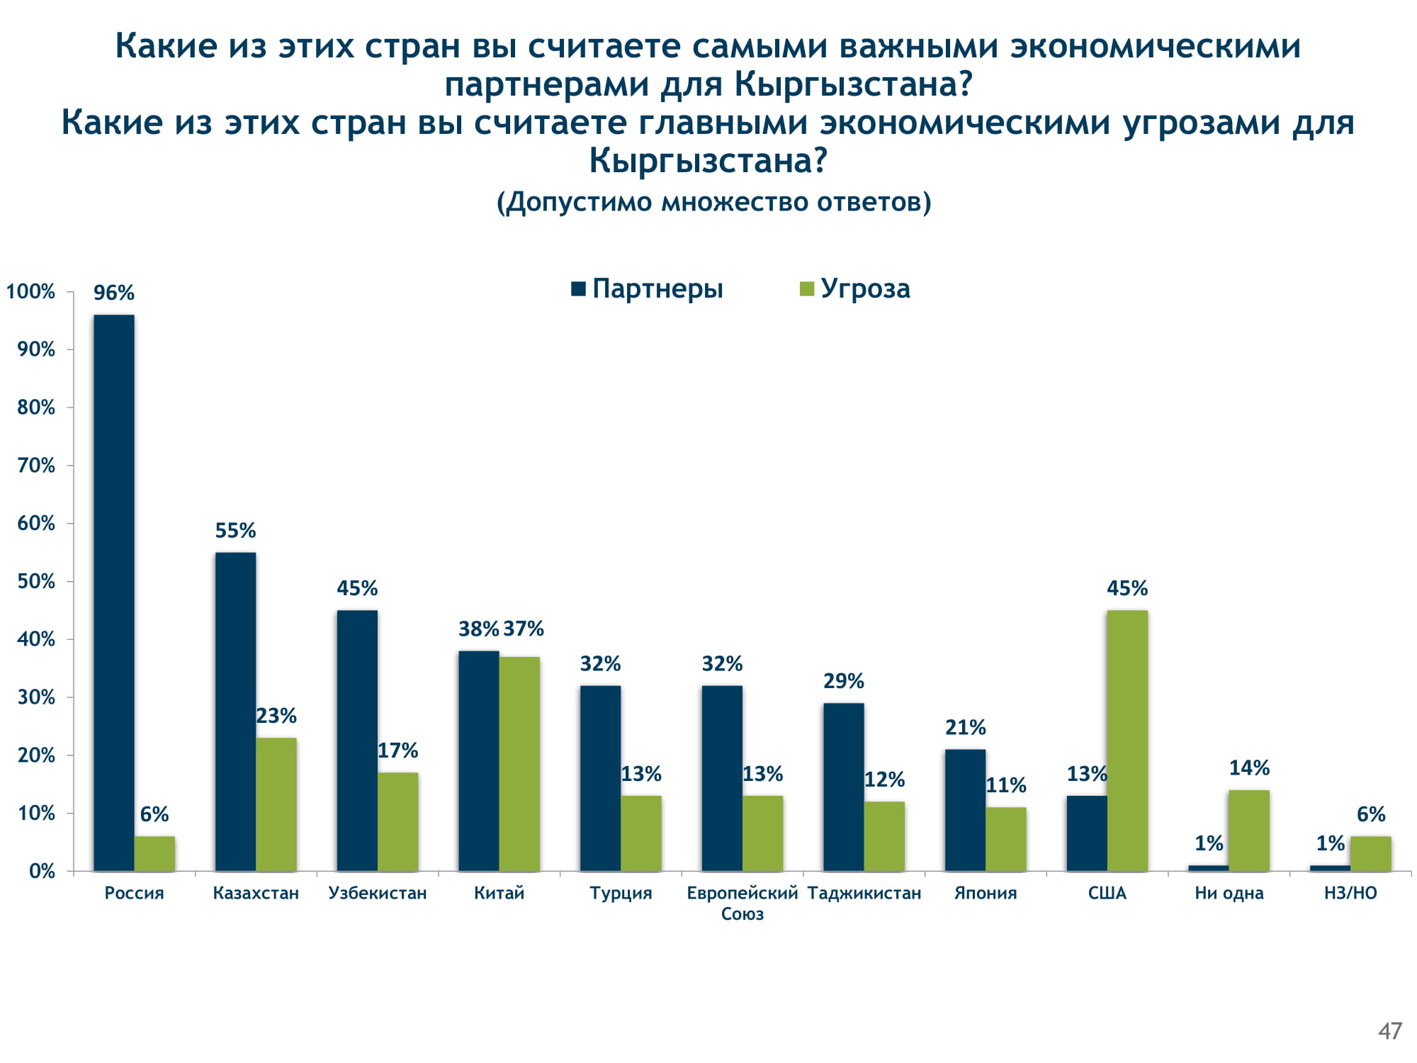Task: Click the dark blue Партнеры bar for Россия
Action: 114,592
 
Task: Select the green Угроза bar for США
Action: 1127,740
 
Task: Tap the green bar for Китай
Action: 519,763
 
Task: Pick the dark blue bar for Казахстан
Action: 235,711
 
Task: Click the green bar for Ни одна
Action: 1249,830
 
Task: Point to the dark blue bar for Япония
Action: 965,809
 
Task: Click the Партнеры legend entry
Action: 648,289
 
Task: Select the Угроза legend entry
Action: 855,289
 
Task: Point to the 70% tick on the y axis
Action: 36,466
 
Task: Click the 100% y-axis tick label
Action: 30,291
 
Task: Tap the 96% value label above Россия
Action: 114,293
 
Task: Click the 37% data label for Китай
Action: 524,629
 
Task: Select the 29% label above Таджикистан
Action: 843,681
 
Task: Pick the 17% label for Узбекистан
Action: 397,750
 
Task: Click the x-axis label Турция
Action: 621,893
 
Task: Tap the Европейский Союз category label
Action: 742,903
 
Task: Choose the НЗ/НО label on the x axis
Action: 1350,893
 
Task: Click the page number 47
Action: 1390,1031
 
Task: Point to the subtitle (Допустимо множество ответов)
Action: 713,202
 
